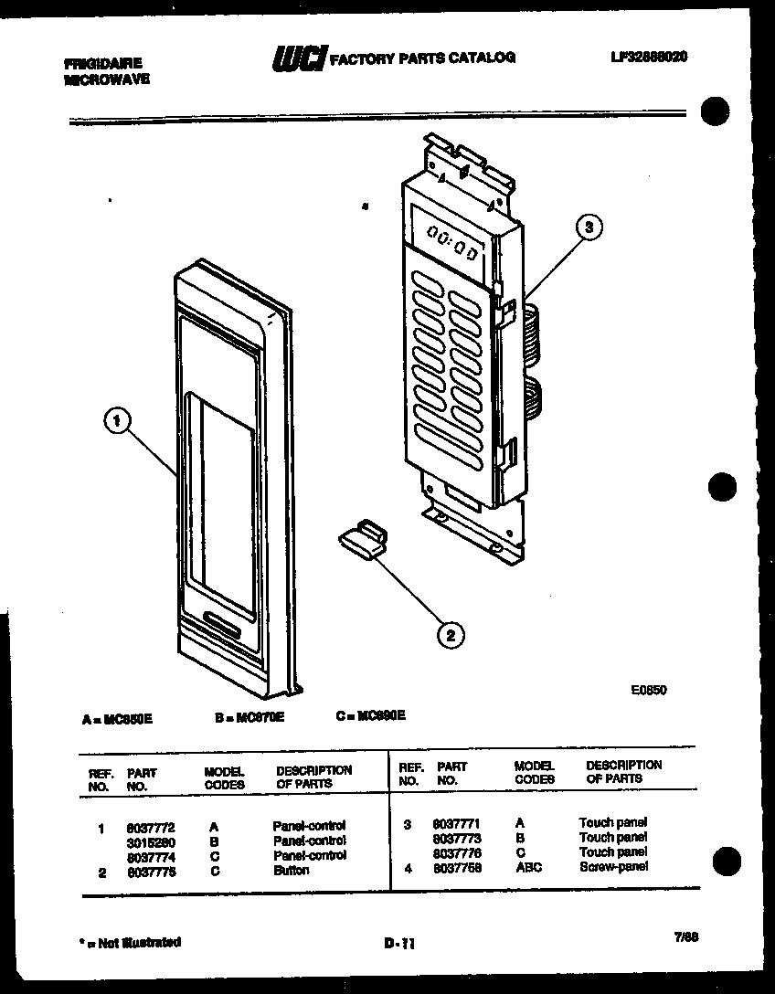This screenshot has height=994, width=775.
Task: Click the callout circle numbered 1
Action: click(x=115, y=421)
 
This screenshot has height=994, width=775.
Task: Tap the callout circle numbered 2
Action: click(x=449, y=633)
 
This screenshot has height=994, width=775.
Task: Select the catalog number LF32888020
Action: click(x=648, y=57)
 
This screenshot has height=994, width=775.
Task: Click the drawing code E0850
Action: click(x=648, y=691)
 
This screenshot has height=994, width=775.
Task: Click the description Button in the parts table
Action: click(x=291, y=871)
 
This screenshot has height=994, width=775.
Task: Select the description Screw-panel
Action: click(x=612, y=866)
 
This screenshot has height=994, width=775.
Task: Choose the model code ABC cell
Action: click(x=527, y=867)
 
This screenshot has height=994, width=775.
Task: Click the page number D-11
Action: click(x=398, y=946)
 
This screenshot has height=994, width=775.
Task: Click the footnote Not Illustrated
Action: click(x=132, y=942)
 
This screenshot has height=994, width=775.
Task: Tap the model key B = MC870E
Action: click(x=249, y=717)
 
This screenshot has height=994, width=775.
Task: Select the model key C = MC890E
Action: click(x=370, y=715)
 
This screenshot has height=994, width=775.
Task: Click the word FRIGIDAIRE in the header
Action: click(x=103, y=64)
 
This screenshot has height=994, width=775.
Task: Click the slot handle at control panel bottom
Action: click(x=218, y=620)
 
